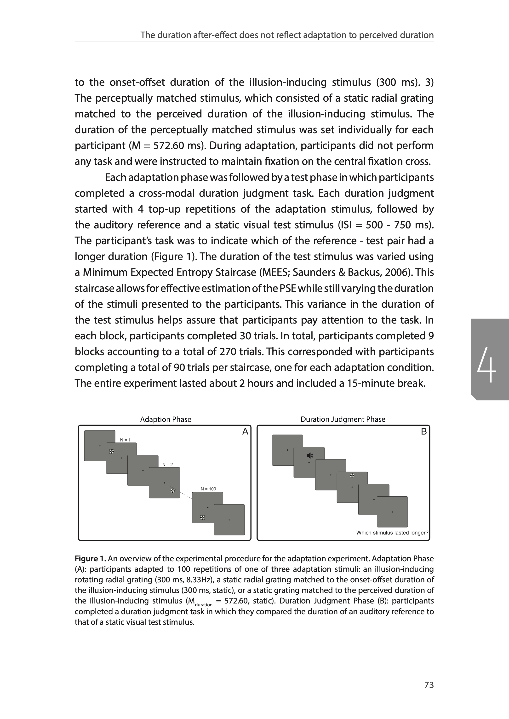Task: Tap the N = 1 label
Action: coord(125,440)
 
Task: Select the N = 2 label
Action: coord(167,464)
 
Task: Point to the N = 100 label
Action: coord(208,489)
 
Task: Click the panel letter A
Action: coord(245,432)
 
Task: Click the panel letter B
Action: coord(424,432)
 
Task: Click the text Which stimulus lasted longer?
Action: coord(392,533)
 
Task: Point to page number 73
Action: coord(429,685)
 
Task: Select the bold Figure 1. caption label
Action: coord(90,559)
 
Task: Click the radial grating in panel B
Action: coord(352,476)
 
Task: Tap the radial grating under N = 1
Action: coord(112,452)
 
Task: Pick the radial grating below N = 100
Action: coord(202,518)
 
